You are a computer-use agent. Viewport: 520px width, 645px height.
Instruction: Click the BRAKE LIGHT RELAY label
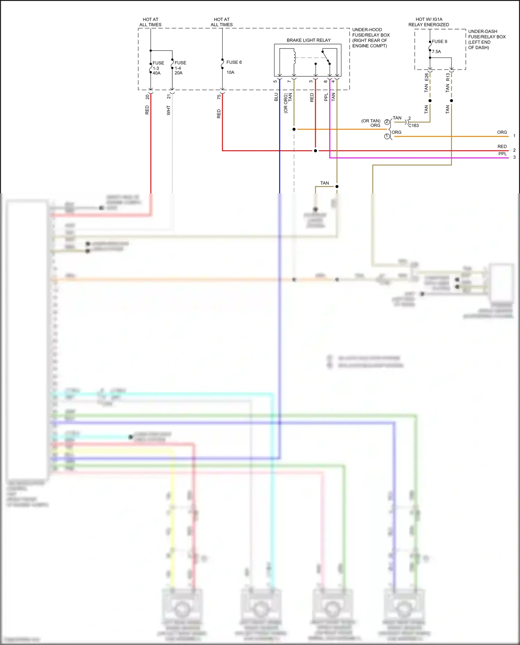pyautogui.click(x=309, y=40)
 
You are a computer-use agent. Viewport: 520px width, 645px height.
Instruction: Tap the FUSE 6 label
pyautogui.click(x=234, y=62)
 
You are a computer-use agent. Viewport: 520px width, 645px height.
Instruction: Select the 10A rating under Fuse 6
pyautogui.click(x=231, y=72)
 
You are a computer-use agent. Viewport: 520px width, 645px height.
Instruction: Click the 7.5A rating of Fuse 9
pyautogui.click(x=436, y=52)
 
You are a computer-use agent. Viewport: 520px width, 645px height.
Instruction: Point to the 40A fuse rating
pyautogui.click(x=157, y=73)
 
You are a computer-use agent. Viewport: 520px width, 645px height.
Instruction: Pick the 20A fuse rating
pyautogui.click(x=179, y=73)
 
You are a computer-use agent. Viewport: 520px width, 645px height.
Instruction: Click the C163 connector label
pyautogui.click(x=414, y=125)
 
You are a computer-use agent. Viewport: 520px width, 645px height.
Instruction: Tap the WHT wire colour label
pyautogui.click(x=168, y=111)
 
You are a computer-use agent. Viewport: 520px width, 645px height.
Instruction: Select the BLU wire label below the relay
pyautogui.click(x=276, y=97)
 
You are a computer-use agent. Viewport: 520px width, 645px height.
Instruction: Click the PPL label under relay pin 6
pyautogui.click(x=326, y=97)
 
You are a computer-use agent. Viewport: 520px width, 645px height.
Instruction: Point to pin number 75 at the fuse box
pyautogui.click(x=219, y=97)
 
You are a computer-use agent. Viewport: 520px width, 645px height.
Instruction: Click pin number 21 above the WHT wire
pyautogui.click(x=169, y=97)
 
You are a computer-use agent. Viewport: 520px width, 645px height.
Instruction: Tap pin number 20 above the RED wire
pyautogui.click(x=147, y=97)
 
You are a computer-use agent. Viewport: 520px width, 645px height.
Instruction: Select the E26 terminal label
pyautogui.click(x=426, y=77)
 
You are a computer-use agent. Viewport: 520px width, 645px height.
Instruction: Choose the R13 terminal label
pyautogui.click(x=448, y=77)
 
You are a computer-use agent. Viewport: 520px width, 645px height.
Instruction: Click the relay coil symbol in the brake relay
pyautogui.click(x=294, y=58)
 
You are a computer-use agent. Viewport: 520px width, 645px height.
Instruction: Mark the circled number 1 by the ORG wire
pyautogui.click(x=387, y=137)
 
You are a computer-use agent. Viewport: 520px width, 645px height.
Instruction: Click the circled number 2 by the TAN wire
pyautogui.click(x=387, y=122)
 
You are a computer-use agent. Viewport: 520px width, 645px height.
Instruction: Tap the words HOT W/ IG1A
pyautogui.click(x=429, y=19)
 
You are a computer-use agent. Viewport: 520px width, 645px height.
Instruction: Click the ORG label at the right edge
pyautogui.click(x=502, y=132)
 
